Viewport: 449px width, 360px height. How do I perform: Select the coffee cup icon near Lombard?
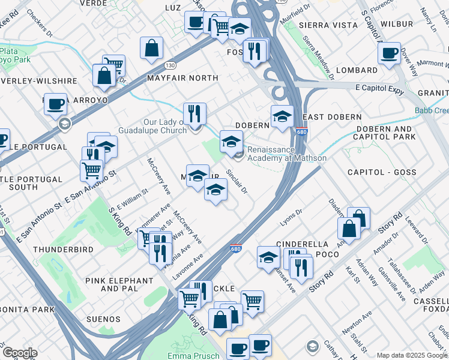tap(389, 53)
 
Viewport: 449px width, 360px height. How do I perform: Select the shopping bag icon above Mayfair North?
tap(152, 48)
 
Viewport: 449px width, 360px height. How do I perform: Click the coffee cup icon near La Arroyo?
tap(55, 103)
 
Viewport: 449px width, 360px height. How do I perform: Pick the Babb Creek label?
tap(431, 110)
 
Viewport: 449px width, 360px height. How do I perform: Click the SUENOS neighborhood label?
tap(101, 319)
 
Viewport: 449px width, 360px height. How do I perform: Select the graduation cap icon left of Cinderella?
tap(268, 257)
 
